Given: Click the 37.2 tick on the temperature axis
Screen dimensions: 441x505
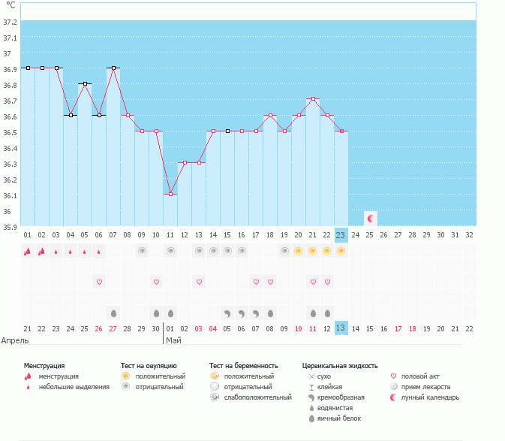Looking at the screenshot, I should (10, 23).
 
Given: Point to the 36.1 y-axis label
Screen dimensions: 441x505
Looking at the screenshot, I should (10, 195).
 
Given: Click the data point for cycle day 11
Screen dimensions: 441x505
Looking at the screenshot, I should (170, 195).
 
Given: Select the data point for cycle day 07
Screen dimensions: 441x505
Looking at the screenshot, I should (113, 68).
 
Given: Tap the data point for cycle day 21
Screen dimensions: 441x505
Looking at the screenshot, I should (313, 99).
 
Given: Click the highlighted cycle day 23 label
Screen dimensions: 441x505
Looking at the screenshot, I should (341, 234).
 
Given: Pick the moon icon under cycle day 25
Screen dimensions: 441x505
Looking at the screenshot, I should (370, 218).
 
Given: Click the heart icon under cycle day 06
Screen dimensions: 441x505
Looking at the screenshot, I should (99, 282).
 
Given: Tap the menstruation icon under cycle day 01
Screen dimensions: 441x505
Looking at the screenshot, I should (28, 251).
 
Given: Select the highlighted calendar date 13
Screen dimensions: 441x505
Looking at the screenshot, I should (341, 328).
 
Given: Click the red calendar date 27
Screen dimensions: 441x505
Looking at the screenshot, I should (113, 328).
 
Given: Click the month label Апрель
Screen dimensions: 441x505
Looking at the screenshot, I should (15, 340).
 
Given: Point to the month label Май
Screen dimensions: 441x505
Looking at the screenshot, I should (173, 340).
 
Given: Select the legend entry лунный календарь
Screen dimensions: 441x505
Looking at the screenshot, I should (430, 397).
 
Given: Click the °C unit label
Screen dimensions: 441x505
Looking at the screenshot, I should (11, 5).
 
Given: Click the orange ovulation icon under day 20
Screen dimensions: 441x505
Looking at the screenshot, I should (299, 251).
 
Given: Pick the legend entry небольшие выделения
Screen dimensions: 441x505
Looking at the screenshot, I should (73, 387).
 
